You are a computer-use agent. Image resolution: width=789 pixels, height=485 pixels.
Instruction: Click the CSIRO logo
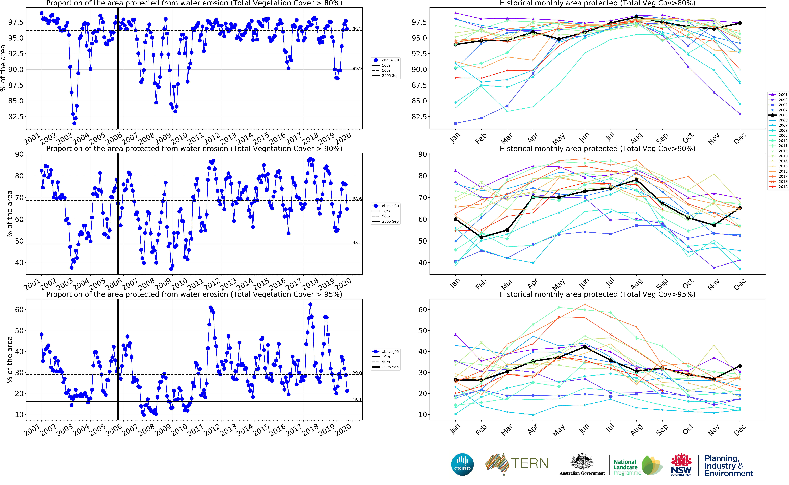pyautogui.click(x=462, y=464)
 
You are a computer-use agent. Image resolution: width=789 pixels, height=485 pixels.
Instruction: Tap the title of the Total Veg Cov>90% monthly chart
pyautogui.click(x=597, y=149)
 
